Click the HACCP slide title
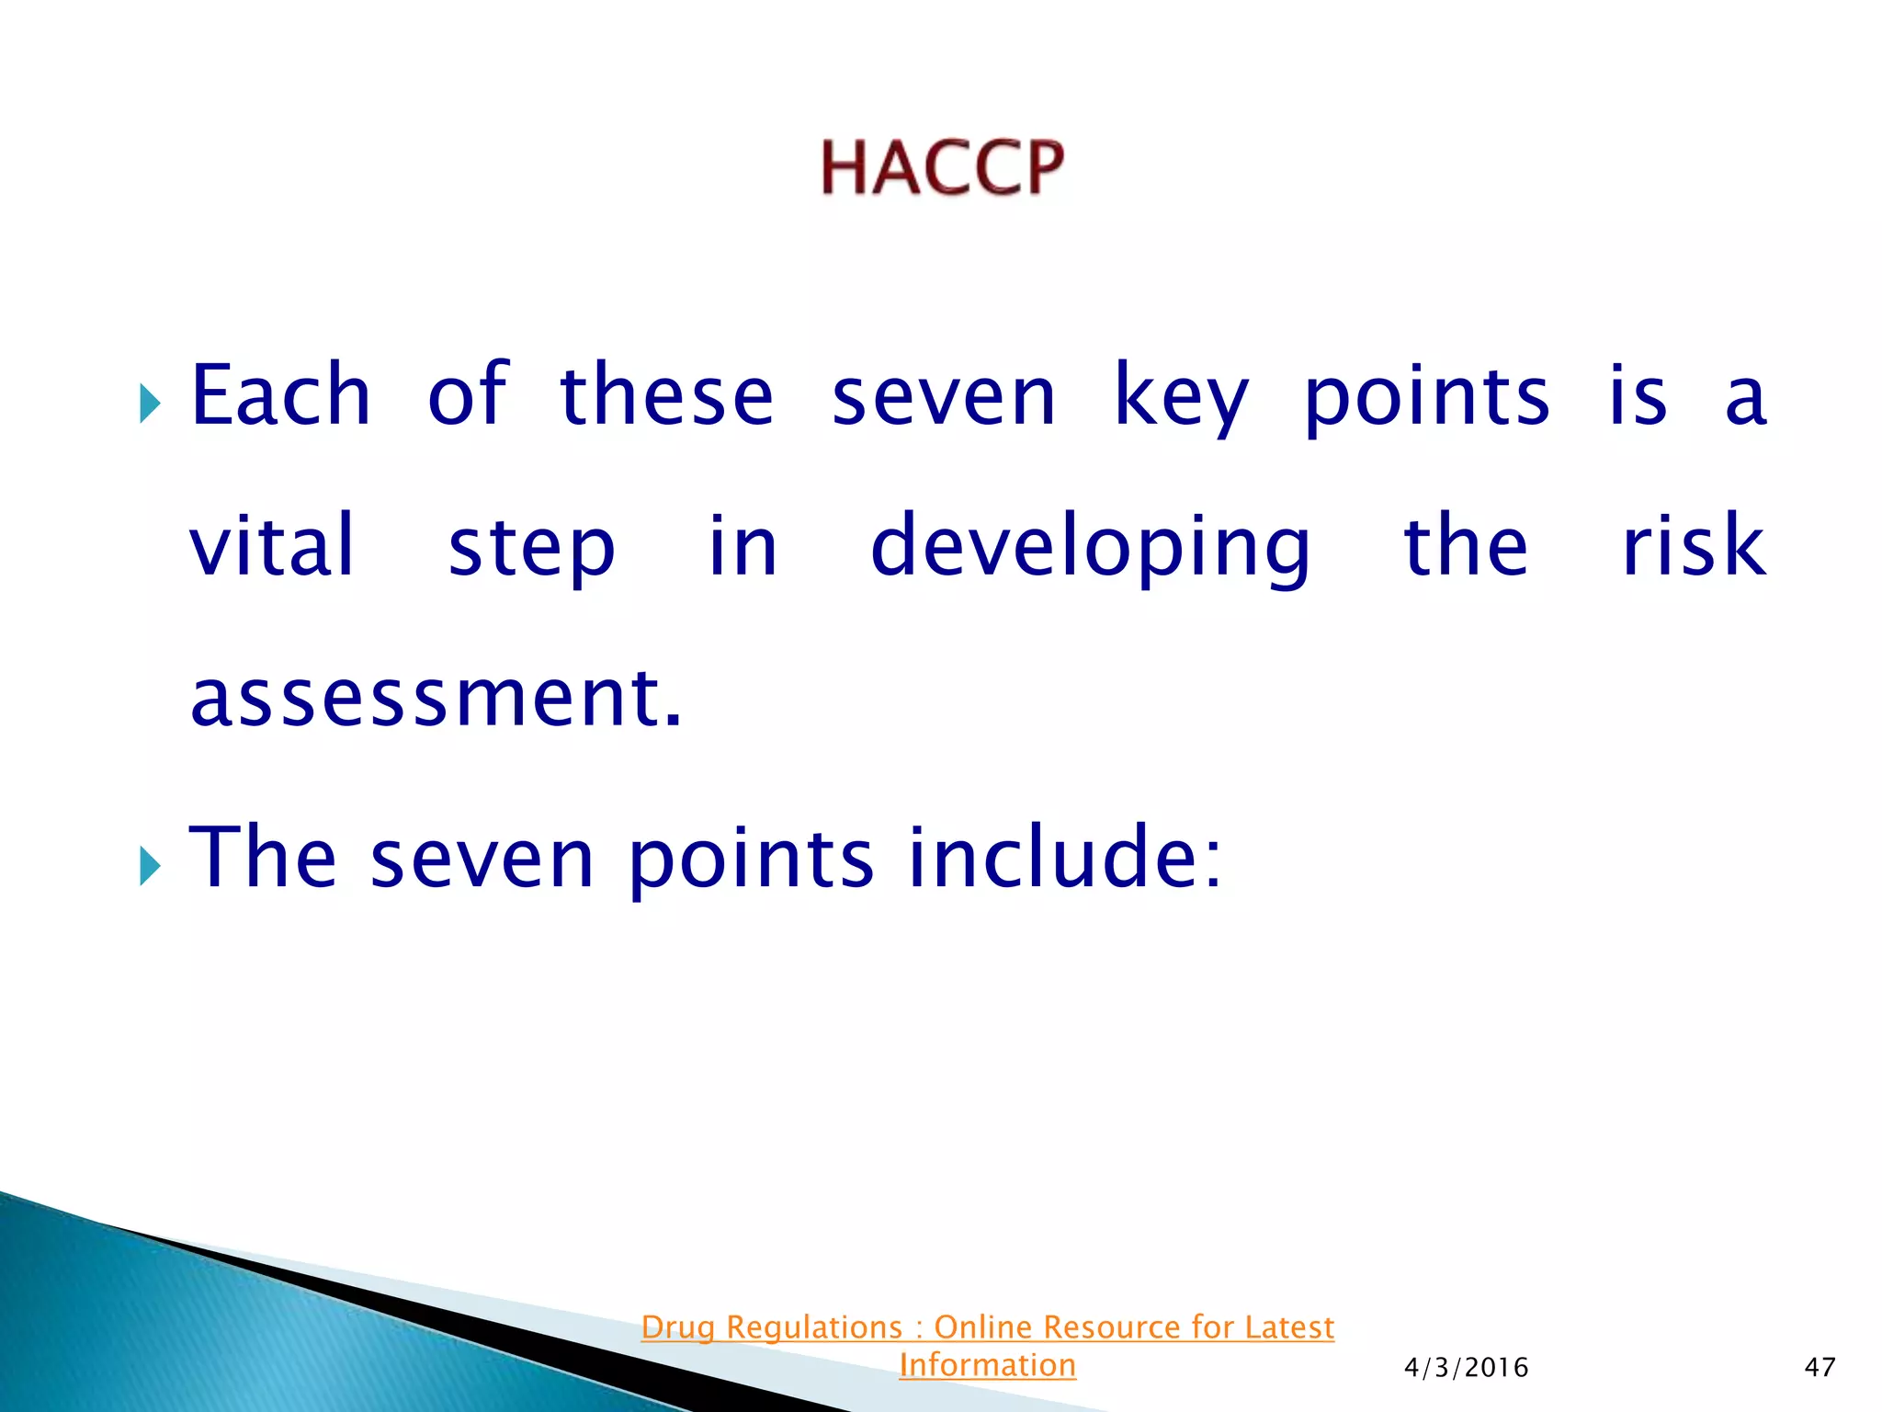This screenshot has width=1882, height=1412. (x=942, y=168)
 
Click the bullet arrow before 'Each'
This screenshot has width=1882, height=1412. (x=150, y=404)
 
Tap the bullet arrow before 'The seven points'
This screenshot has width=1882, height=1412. (x=150, y=866)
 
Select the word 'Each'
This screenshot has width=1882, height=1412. (x=280, y=395)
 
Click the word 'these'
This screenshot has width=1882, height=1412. (x=666, y=395)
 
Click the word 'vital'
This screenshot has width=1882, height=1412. (x=272, y=546)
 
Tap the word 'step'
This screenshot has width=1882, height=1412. (x=531, y=550)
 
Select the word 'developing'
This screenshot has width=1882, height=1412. (x=1090, y=550)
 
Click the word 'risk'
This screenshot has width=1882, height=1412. (x=1693, y=546)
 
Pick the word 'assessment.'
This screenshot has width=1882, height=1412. (x=436, y=699)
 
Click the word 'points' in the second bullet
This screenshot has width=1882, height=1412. (x=750, y=861)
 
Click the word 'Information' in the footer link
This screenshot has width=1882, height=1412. (x=987, y=1365)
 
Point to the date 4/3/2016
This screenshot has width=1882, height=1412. (x=1466, y=1368)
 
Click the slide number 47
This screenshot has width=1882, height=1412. (x=1820, y=1367)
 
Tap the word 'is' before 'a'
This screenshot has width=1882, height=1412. (x=1638, y=395)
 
